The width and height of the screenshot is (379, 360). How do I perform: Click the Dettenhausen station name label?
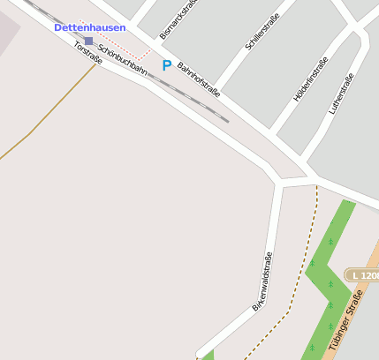click(x=90, y=28)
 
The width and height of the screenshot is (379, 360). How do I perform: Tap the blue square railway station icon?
click(x=88, y=41)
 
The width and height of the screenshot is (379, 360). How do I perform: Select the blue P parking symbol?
click(x=166, y=64)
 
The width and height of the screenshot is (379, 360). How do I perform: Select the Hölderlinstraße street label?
click(x=310, y=79)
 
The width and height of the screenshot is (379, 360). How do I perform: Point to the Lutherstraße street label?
click(x=340, y=94)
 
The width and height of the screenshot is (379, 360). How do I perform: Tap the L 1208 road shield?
click(x=363, y=276)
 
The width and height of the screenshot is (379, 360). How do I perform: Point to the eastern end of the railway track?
click(x=226, y=120)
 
